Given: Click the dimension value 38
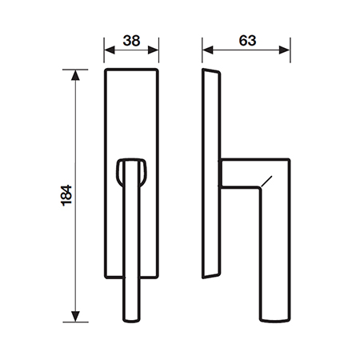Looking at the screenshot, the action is pos(131,41).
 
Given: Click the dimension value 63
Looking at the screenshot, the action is pos(247,41).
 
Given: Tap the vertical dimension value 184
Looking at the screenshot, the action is pos(66,195).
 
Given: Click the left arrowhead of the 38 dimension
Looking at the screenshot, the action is pos(110,50).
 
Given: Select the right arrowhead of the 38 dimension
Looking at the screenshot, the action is pos(154,50).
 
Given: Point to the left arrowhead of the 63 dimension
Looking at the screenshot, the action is pos(208,50).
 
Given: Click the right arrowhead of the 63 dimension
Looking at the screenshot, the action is pos(285,50).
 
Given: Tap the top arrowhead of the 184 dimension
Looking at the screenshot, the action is pos(75,75).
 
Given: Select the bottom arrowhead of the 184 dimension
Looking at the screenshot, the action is pos(75,317).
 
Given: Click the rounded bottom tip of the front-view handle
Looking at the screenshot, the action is pos(131,321).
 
